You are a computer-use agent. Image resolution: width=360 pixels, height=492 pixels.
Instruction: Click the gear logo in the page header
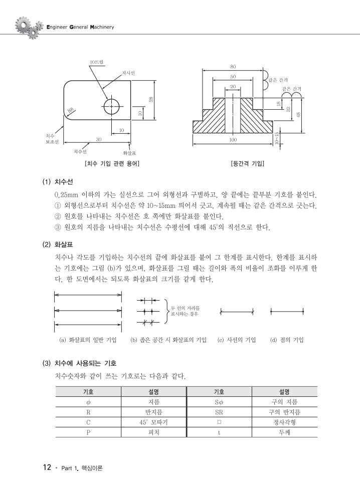[x=26, y=27]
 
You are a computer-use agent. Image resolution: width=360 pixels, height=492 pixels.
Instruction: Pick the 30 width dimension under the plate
[x=98, y=139]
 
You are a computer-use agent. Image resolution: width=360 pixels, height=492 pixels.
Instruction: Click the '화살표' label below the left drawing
[x=129, y=152]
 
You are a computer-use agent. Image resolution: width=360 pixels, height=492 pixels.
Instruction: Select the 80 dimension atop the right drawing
[x=233, y=67]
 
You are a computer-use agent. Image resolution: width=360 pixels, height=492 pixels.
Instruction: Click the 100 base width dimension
[x=233, y=140]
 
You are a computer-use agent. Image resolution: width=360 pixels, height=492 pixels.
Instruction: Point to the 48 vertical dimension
[x=299, y=115]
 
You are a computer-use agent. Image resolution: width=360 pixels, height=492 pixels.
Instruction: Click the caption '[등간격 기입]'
[x=247, y=163]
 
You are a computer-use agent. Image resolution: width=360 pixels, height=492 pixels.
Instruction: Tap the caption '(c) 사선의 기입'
[x=237, y=340]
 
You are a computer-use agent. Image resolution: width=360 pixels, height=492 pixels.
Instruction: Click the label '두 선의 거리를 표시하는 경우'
[x=185, y=311]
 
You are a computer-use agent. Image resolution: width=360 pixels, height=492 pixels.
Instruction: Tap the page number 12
[x=47, y=467]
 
